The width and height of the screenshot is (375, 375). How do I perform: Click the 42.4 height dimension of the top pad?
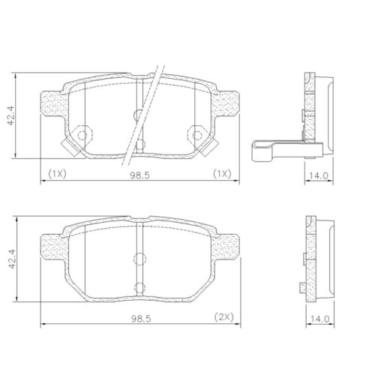click(11, 115)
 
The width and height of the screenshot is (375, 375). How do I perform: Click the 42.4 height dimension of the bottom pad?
click(12, 259)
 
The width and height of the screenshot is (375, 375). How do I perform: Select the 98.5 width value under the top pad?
click(139, 175)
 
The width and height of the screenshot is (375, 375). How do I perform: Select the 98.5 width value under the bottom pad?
click(141, 319)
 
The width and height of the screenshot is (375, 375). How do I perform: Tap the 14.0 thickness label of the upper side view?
click(319, 175)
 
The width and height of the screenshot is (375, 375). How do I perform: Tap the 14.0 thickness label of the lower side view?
click(320, 319)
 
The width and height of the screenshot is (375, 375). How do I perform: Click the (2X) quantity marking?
click(224, 317)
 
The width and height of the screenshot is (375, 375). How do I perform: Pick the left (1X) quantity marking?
click(57, 173)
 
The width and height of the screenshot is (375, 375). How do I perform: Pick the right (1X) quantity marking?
click(222, 173)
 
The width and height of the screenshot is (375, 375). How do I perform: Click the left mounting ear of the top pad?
click(54, 103)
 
